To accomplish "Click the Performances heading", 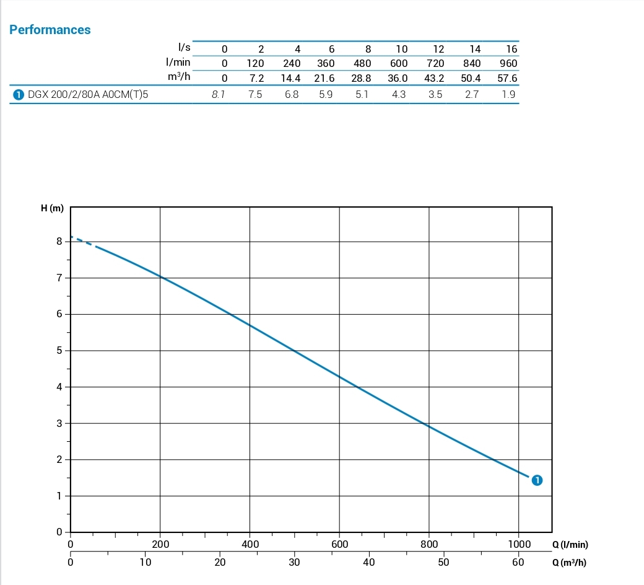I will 50,30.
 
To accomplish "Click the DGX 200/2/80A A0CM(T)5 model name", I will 88,95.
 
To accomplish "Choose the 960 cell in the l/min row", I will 508,63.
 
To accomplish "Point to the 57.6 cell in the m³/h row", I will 507,79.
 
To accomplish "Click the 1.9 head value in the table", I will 508,95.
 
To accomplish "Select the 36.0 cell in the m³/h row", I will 398,79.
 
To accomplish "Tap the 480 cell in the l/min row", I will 362,63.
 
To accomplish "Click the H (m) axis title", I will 52,209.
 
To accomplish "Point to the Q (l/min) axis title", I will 570,545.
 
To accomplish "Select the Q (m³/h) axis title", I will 569,563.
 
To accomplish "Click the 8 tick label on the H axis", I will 59,242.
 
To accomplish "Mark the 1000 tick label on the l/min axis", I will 519,545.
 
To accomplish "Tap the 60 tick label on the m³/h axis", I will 518,563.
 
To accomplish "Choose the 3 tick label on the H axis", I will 59,424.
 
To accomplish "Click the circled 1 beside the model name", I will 18,95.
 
